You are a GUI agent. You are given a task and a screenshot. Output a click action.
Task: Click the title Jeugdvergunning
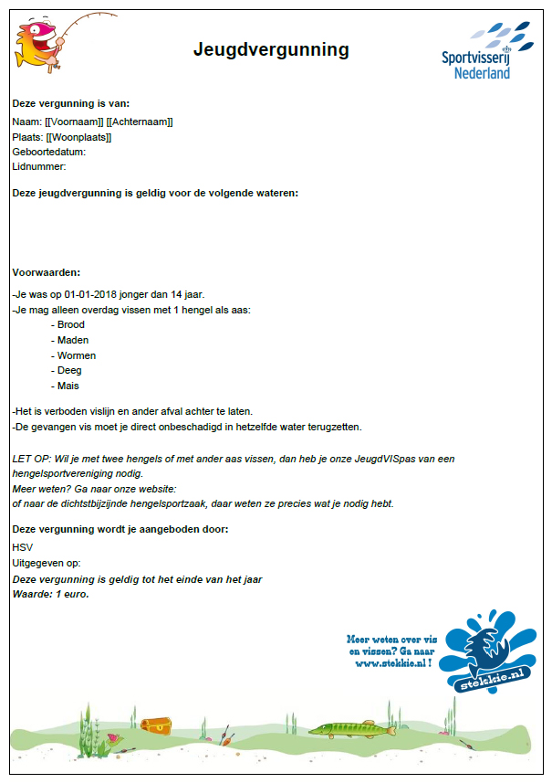click(271, 49)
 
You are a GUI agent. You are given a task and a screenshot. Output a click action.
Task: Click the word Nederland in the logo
click(482, 72)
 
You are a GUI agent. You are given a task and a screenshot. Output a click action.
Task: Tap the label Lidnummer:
click(39, 166)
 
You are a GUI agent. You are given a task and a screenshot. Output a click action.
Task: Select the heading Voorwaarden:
click(46, 272)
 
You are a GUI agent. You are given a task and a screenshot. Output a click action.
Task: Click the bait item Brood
click(70, 324)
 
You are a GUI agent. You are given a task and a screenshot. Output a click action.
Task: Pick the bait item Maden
click(72, 340)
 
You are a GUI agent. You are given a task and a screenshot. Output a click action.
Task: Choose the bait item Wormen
click(76, 355)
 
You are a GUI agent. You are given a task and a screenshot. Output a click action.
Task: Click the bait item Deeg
click(69, 370)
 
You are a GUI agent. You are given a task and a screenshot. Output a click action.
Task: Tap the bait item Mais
click(68, 386)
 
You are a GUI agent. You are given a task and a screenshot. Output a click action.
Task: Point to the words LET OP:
click(30, 458)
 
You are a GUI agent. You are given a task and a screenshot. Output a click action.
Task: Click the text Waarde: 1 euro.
click(51, 594)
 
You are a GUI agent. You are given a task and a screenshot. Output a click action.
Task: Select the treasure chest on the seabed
click(157, 724)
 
